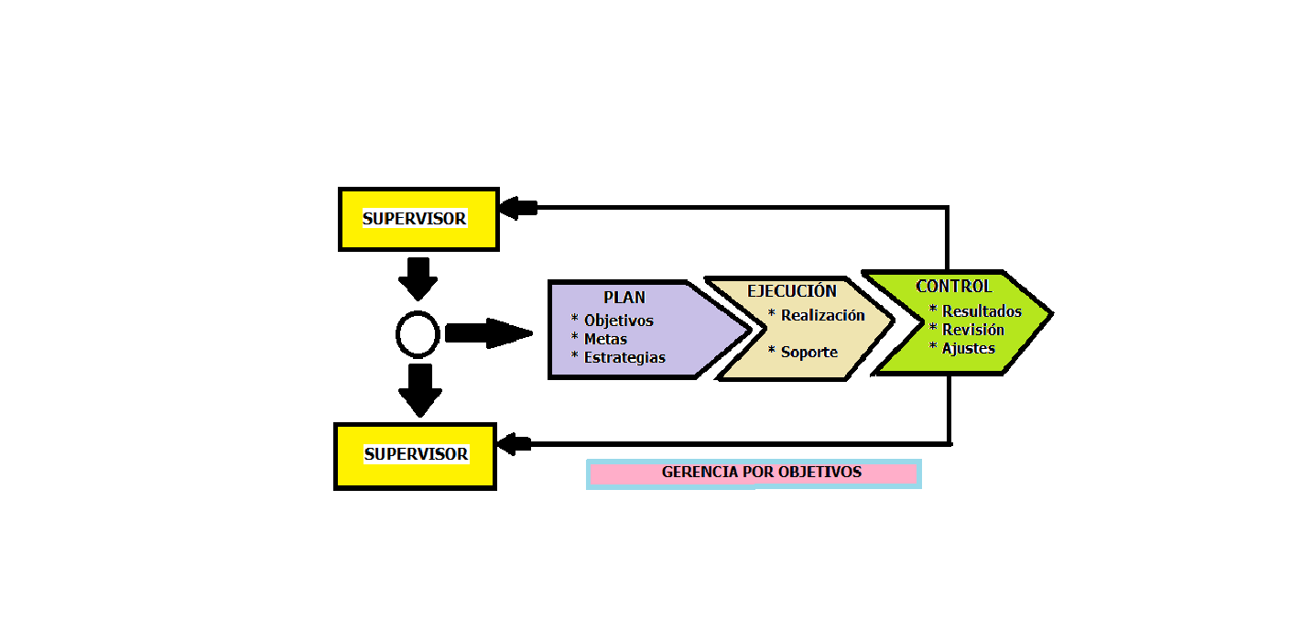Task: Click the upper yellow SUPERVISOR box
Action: (x=418, y=219)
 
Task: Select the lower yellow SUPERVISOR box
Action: (x=416, y=455)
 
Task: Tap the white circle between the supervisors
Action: (x=418, y=333)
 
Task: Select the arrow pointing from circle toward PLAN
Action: (x=488, y=332)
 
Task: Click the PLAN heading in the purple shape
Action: (x=624, y=298)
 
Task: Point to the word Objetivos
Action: (x=618, y=321)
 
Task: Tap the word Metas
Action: (x=605, y=340)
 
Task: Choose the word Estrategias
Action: (x=624, y=358)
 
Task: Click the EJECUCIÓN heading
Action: (x=792, y=291)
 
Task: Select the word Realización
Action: (x=822, y=315)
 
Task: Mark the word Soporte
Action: (x=808, y=353)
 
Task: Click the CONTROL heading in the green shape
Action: (x=953, y=287)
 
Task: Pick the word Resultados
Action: (x=982, y=311)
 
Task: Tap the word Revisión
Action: (x=973, y=330)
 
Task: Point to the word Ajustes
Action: (x=968, y=348)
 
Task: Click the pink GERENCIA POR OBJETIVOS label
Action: (x=761, y=473)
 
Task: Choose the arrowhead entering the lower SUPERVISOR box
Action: (x=515, y=445)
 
